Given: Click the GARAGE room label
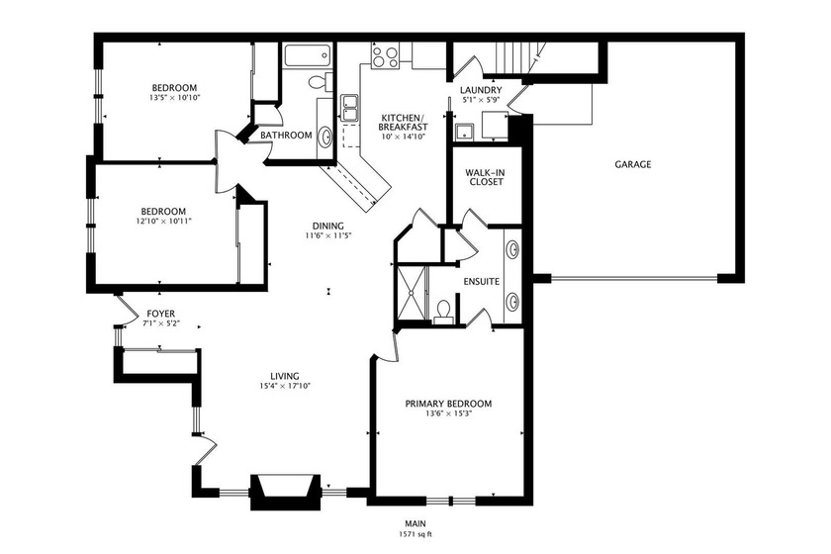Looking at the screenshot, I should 632,164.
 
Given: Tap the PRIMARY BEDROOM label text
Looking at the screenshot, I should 448,404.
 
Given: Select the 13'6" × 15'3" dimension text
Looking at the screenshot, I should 448,415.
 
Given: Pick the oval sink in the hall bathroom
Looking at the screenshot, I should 325,136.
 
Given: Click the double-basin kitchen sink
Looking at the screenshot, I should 349,107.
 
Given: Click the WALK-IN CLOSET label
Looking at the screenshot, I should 485,177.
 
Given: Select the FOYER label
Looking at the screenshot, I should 161,314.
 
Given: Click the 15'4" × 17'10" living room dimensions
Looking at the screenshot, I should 285,387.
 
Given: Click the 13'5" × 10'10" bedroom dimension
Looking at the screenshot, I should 174,98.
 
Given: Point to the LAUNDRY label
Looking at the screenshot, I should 481,91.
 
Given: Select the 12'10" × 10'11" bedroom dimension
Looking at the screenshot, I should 163,222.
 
